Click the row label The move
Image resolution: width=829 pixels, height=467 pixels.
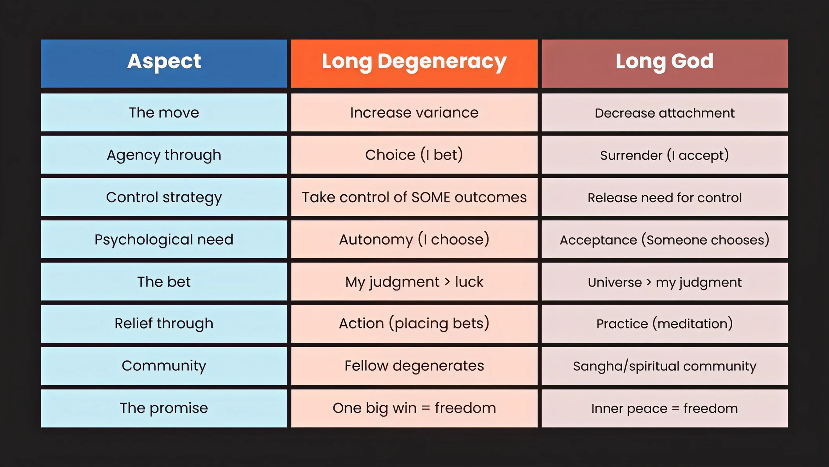tap(164, 113)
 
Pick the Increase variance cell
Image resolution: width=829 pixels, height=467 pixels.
tap(414, 113)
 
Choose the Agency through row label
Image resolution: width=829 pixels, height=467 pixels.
tap(164, 155)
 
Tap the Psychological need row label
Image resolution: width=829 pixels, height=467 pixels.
tap(164, 240)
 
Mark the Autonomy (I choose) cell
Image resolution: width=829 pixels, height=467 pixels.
tap(414, 240)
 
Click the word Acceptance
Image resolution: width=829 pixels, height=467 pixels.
tap(598, 240)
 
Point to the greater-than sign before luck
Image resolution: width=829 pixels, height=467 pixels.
tap(447, 282)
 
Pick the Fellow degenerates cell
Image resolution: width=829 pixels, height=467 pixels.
tap(414, 366)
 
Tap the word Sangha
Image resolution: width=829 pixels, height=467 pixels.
tap(598, 366)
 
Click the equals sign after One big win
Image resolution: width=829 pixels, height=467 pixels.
tap(425, 408)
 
